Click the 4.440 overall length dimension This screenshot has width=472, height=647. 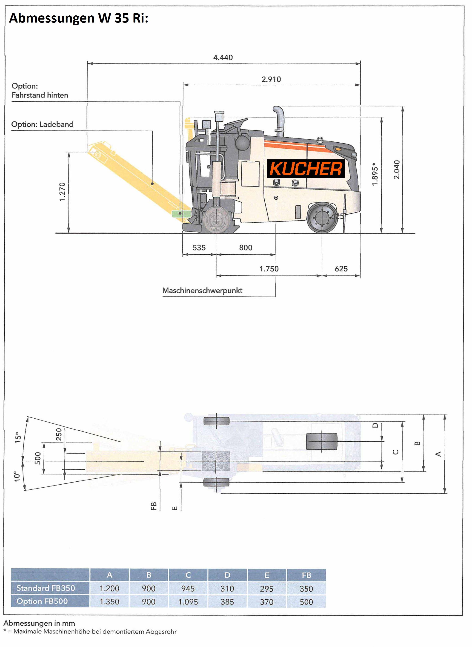click(x=223, y=58)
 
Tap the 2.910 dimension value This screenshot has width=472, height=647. click(x=271, y=79)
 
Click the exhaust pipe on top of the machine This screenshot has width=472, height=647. click(x=279, y=121)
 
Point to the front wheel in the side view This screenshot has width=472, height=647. click(x=322, y=218)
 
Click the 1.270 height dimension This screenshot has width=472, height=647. click(x=62, y=192)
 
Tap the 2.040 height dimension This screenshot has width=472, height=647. click(x=397, y=170)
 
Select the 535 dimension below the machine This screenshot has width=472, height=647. click(x=199, y=247)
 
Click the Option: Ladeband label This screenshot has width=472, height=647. click(x=42, y=124)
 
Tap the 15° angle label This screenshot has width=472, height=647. click(x=18, y=437)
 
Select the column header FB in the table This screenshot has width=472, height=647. click(x=306, y=575)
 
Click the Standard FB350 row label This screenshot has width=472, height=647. click(x=46, y=588)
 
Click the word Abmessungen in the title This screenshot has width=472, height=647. click(x=52, y=18)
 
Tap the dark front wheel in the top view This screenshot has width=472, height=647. click(x=322, y=442)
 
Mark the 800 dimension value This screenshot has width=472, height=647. click(x=246, y=247)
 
